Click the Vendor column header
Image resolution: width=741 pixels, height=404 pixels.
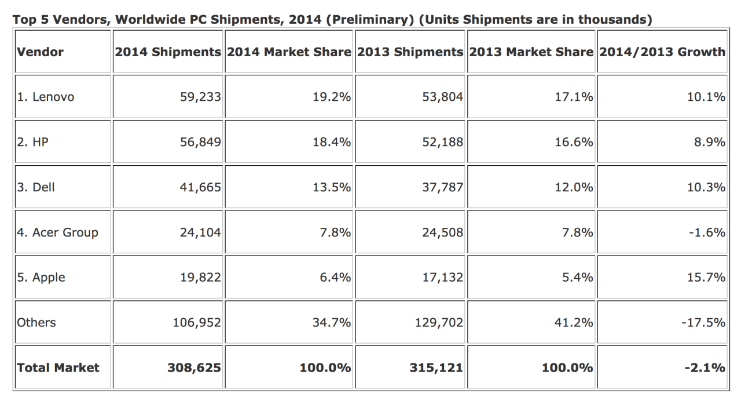point(40,52)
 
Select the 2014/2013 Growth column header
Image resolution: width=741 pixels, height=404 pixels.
point(662,52)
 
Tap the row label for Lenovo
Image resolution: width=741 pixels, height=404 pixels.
point(46,97)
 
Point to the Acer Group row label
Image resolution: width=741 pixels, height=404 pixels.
point(57,232)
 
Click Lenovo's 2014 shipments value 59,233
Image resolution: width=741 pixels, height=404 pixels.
point(200,97)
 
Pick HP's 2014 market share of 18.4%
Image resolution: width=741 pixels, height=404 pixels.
point(332,142)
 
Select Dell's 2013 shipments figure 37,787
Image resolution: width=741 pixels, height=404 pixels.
point(443,187)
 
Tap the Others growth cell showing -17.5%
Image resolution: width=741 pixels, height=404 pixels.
point(703,322)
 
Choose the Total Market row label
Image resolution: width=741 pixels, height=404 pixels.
point(58,367)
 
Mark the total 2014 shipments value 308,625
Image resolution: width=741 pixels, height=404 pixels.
point(194,367)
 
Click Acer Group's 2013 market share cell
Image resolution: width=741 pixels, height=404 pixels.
point(577,232)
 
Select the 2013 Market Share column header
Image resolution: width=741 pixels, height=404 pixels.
point(531,52)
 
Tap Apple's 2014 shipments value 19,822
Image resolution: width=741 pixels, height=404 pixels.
point(200,278)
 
